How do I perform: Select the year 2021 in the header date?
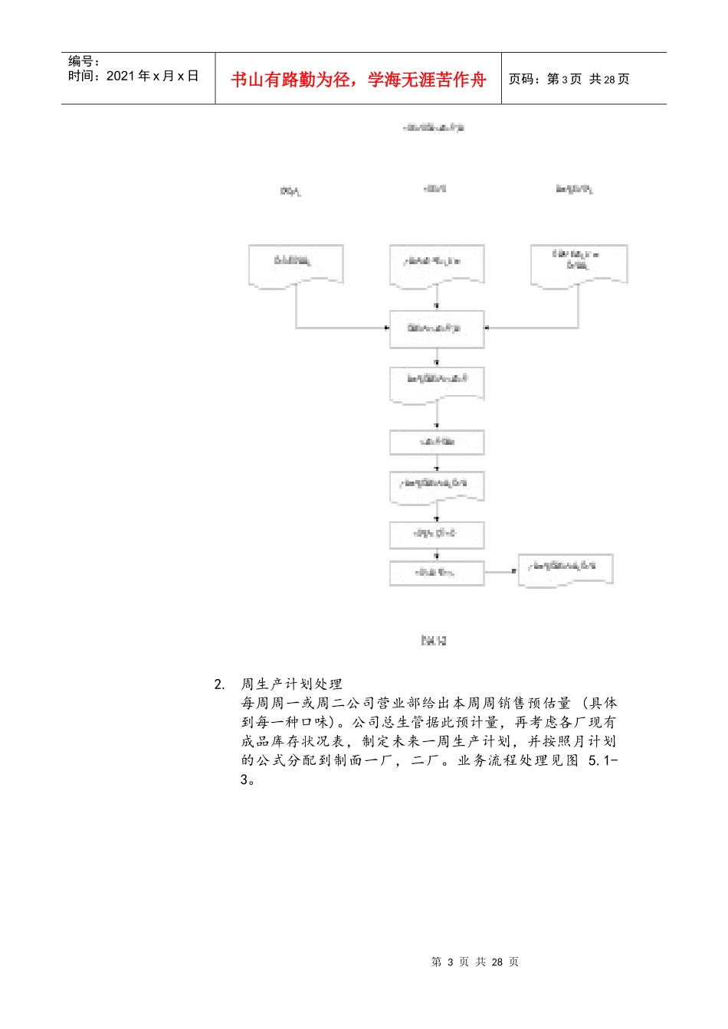[120, 76]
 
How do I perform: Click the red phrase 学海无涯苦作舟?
[427, 80]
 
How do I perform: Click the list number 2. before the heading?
[220, 684]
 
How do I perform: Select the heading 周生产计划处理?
[292, 684]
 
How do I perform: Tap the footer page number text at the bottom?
[475, 962]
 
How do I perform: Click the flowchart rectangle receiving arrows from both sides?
[437, 329]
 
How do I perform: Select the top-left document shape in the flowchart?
[296, 265]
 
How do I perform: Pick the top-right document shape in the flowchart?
[579, 263]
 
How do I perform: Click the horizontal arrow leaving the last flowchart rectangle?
[501, 572]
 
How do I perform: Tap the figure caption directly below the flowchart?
[434, 640]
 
